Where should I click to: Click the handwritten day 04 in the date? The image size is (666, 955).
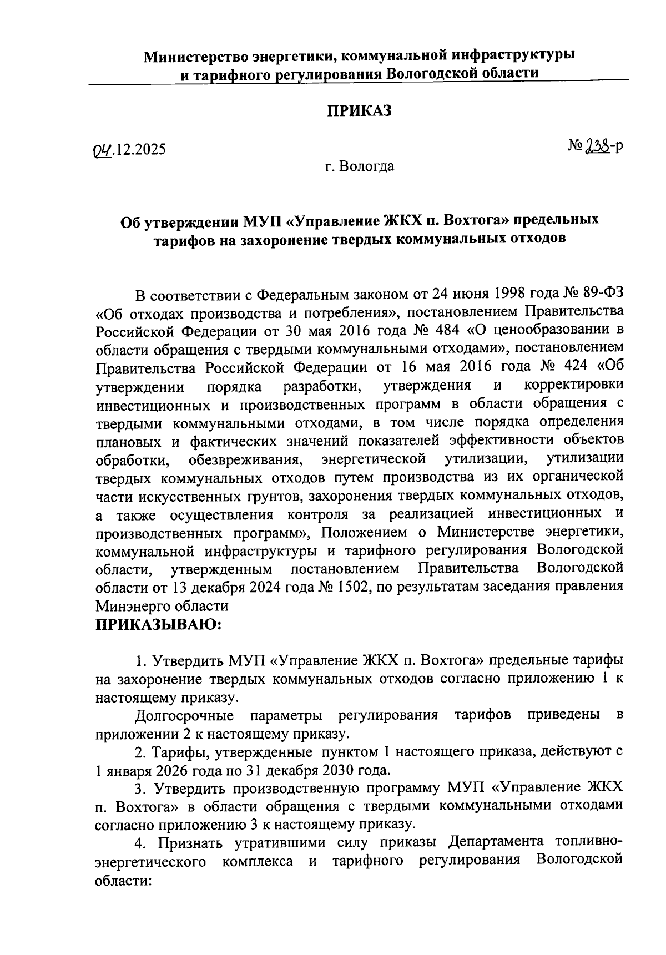pyautogui.click(x=103, y=149)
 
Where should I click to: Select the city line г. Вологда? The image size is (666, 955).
pyautogui.click(x=360, y=166)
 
